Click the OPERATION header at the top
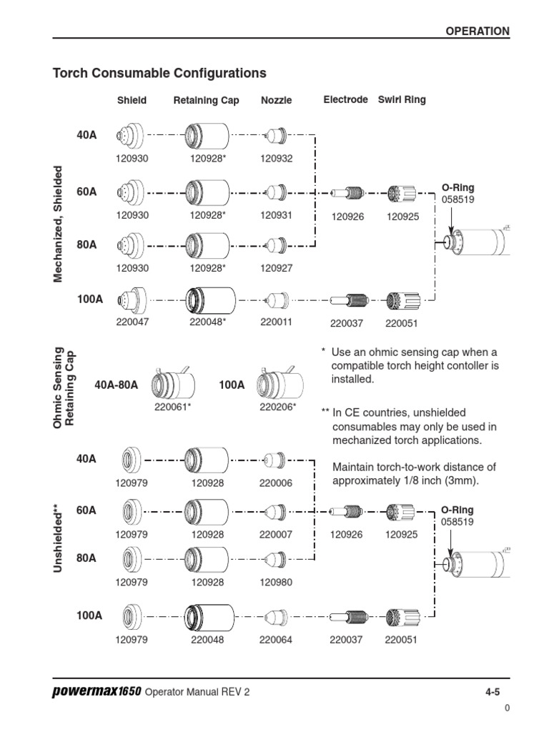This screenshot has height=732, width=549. pyautogui.click(x=478, y=31)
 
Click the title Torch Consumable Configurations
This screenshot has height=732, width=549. pyautogui.click(x=160, y=73)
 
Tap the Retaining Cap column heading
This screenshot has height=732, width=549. pyautogui.click(x=206, y=101)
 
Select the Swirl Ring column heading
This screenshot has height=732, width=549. pyautogui.click(x=402, y=100)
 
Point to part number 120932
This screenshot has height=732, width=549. pyautogui.click(x=277, y=159)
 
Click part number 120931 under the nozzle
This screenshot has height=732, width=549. pyautogui.click(x=277, y=214)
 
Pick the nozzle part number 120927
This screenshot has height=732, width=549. pyautogui.click(x=277, y=267)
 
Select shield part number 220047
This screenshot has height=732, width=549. pyautogui.click(x=132, y=322)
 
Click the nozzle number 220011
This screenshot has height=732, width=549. pyautogui.click(x=277, y=322)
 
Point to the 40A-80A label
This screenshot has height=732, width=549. pyautogui.click(x=116, y=385)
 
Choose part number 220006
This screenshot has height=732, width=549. pyautogui.click(x=276, y=483)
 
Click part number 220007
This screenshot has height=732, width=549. pyautogui.click(x=276, y=534)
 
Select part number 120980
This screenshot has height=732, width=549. pyautogui.click(x=276, y=583)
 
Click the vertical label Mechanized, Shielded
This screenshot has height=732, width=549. pyautogui.click(x=59, y=224)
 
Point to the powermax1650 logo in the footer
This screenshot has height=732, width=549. pyautogui.click(x=97, y=692)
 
